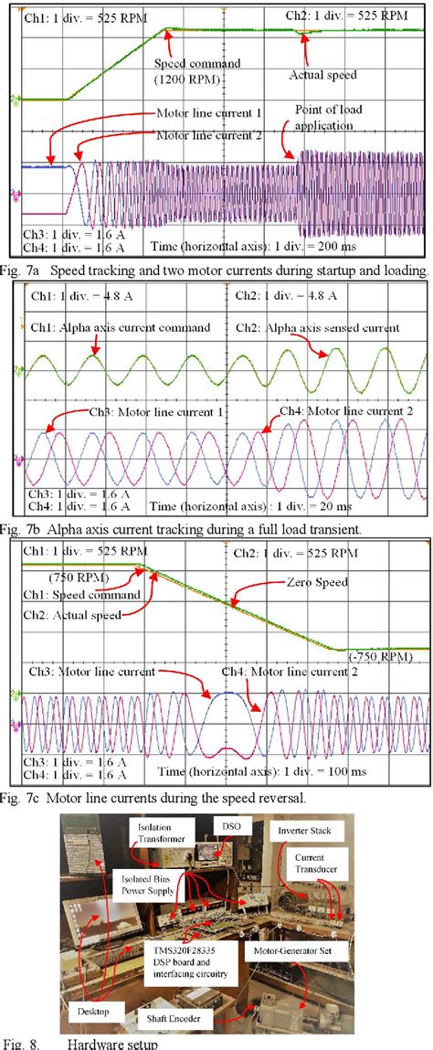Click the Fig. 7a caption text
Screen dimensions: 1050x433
[x=216, y=270]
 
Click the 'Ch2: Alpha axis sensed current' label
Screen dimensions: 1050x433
[x=319, y=327]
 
